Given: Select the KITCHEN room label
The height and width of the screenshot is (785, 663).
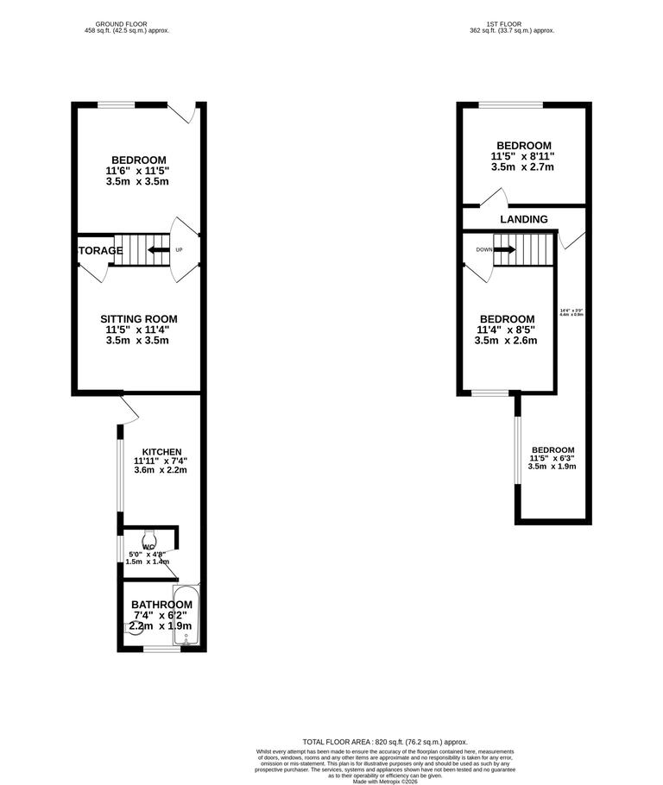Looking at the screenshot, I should [161, 451].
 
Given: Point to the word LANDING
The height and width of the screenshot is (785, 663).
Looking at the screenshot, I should [524, 219].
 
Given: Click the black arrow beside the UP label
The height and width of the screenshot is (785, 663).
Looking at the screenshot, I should [157, 250].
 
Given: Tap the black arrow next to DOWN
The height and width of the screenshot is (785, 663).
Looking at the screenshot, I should [505, 250].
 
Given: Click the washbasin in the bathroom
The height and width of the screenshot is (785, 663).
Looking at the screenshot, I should [135, 628].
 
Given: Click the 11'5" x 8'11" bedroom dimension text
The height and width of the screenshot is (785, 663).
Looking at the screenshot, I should [522, 156].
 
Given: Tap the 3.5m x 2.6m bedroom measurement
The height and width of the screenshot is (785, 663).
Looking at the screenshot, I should [506, 340].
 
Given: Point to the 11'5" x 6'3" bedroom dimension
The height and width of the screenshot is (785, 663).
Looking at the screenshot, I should [552, 458].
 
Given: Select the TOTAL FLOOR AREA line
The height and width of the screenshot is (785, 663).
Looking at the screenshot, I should [384, 742].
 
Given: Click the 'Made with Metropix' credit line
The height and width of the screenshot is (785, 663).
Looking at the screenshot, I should [384, 781].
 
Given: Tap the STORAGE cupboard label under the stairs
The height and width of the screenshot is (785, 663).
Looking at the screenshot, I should [101, 251].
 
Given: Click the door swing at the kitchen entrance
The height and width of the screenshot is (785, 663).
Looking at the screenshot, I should [127, 411].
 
